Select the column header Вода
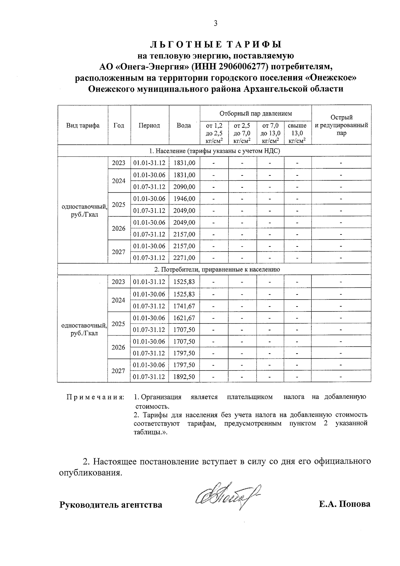[x=184, y=125]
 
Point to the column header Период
[x=149, y=125]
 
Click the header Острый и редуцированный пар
[x=341, y=125]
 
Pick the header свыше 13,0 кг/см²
[x=297, y=133]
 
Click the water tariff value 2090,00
[x=184, y=187]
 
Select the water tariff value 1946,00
[x=184, y=199]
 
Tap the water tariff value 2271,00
[x=184, y=258]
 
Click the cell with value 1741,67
[x=184, y=306]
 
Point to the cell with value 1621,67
[x=184, y=318]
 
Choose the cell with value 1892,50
[x=184, y=377]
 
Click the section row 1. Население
[x=214, y=151]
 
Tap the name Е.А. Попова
[x=344, y=504]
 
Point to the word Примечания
[x=95, y=397]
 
